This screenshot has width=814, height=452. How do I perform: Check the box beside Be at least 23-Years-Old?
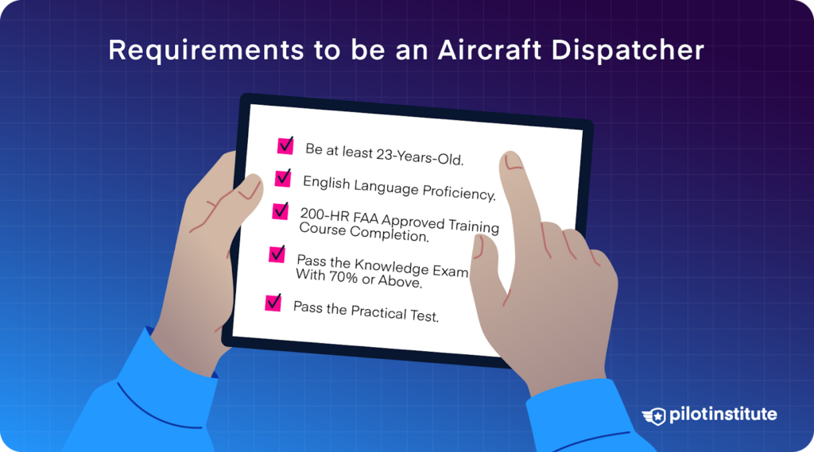(285, 145)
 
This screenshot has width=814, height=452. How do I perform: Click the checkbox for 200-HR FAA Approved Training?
(281, 211)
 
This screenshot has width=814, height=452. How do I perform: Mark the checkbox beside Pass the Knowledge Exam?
(277, 254)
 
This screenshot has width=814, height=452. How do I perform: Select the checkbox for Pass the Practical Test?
(273, 302)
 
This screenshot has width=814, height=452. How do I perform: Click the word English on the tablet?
(325, 184)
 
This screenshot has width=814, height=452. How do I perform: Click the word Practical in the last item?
(377, 312)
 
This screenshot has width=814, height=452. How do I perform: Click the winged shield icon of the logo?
(654, 415)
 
